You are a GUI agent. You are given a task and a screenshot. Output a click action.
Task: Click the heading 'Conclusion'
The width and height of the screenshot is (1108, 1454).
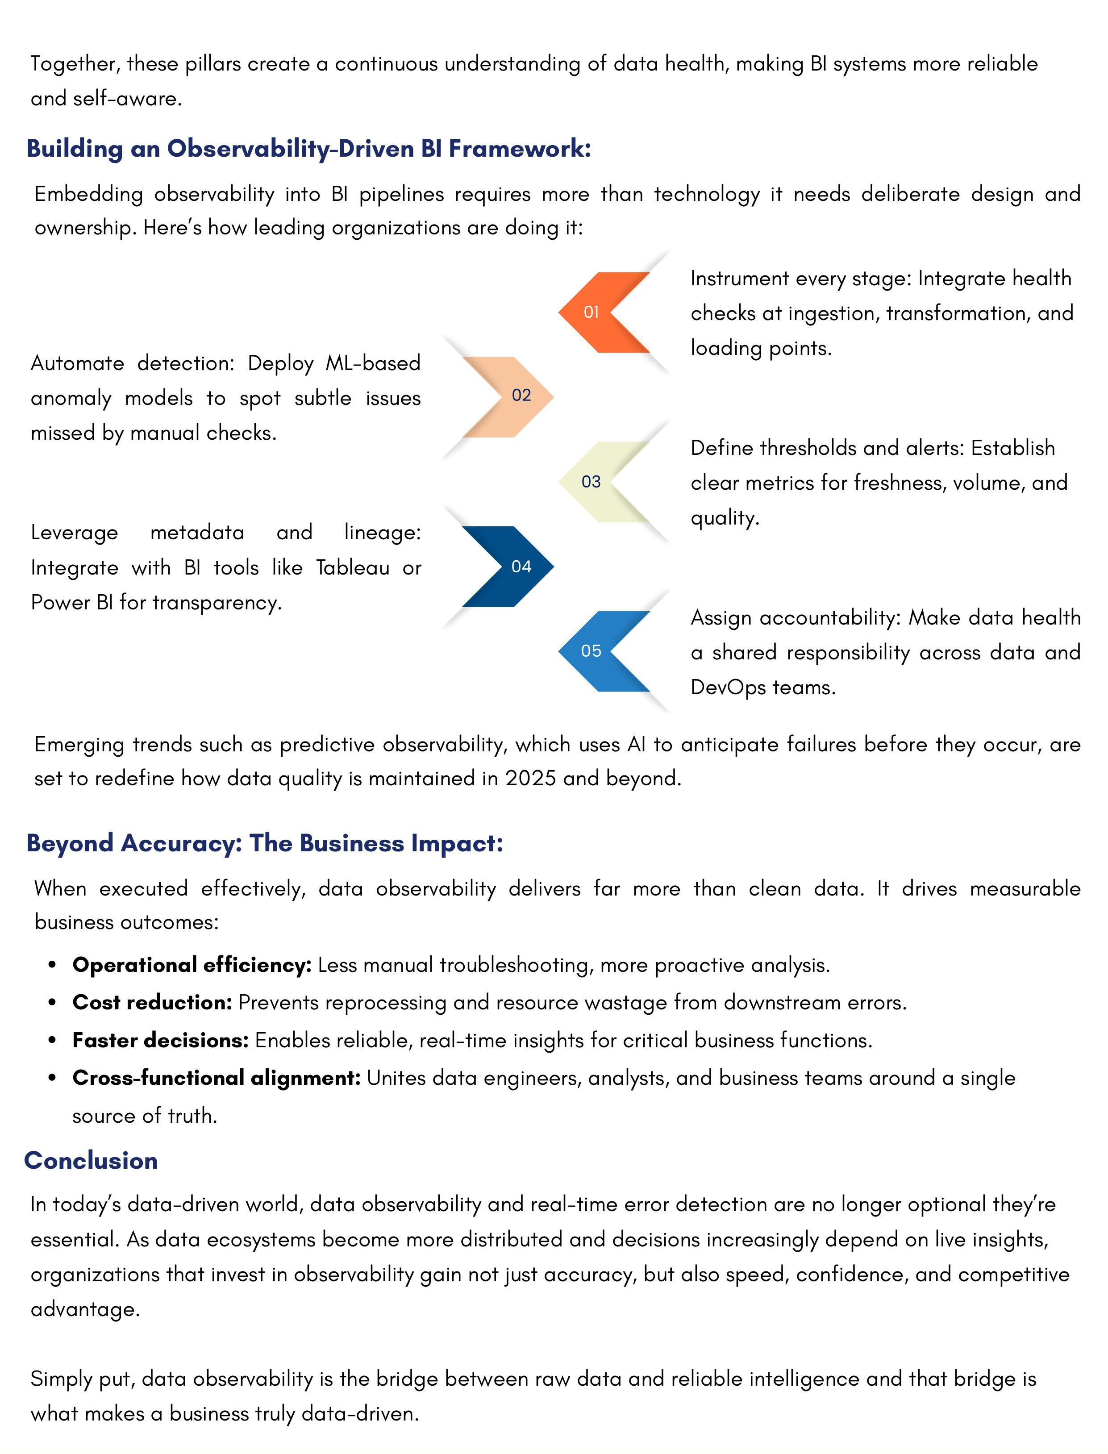pyautogui.click(x=91, y=1161)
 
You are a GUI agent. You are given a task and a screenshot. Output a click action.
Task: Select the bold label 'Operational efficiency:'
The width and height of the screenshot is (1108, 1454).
pyautogui.click(x=191, y=965)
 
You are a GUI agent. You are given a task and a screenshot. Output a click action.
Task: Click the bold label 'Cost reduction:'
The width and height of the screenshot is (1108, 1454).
pyautogui.click(x=152, y=1002)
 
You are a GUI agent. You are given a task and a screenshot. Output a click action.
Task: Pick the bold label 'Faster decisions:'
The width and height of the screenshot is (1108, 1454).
pyautogui.click(x=160, y=1040)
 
